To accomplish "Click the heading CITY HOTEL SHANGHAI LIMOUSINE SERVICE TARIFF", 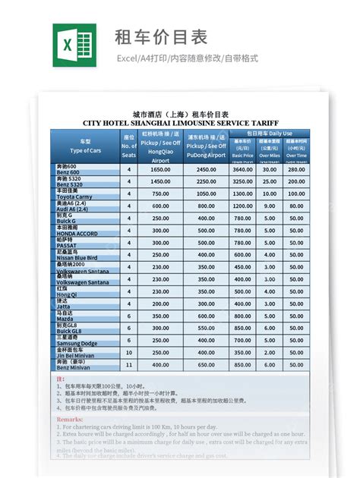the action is [180, 122].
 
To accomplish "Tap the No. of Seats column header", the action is [128, 146].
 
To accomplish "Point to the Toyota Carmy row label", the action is [75, 197].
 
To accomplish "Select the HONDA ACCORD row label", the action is [76, 233].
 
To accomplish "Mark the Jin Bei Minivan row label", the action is [77, 356].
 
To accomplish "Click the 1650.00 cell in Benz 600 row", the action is [161, 170].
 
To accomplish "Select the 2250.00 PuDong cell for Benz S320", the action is [206, 182].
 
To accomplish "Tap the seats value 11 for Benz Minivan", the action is [128, 366].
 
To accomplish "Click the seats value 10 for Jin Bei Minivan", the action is [128, 354].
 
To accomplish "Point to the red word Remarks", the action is [70, 418].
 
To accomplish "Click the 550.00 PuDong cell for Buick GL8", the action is [206, 329].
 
